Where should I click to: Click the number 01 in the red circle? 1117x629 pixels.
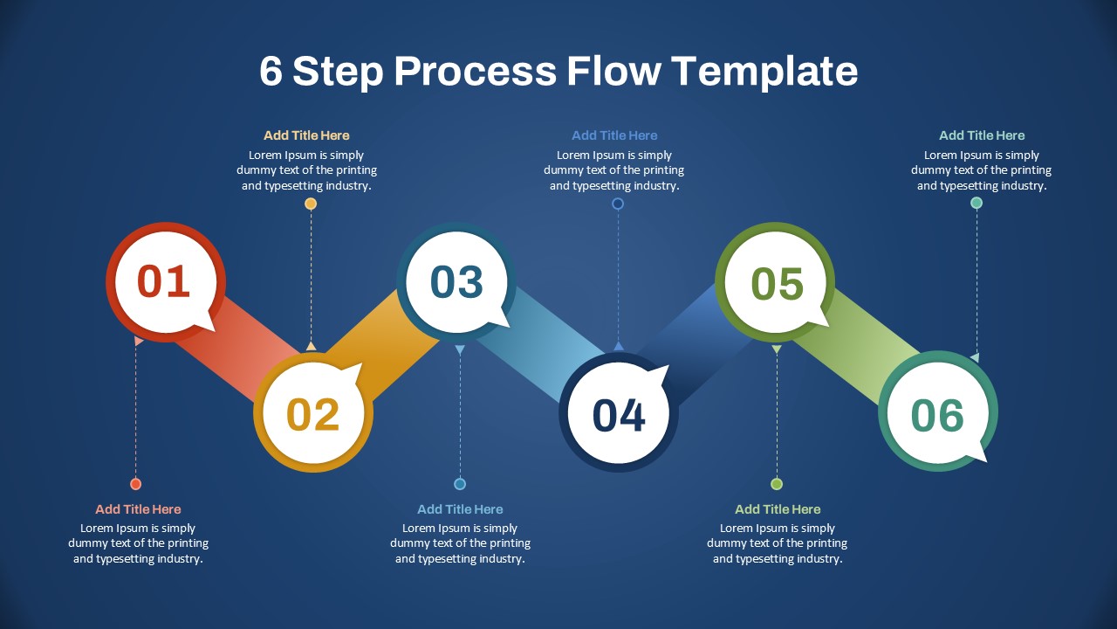[x=164, y=281]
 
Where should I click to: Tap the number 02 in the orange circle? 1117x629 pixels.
[x=313, y=414]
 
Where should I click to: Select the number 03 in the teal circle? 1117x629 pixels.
[x=456, y=281]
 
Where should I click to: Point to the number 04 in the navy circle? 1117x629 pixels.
[x=619, y=414]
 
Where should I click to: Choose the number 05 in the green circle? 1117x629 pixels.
[x=777, y=284]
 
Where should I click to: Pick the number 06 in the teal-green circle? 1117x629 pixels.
[x=937, y=415]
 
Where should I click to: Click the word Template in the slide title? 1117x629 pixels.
[x=764, y=71]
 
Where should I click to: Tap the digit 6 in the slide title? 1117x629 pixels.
[x=271, y=72]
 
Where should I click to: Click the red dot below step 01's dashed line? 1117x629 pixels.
[x=135, y=484]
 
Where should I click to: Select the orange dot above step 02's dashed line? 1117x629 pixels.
[x=311, y=204]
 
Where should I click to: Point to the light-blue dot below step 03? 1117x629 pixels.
[x=460, y=484]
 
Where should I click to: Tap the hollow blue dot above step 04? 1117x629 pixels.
[x=618, y=204]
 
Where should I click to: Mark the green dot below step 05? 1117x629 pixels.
[x=777, y=484]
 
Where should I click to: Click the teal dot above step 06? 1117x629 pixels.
[x=977, y=203]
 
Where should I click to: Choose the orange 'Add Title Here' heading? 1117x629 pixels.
[x=306, y=135]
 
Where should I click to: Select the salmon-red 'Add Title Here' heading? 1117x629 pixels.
[x=138, y=509]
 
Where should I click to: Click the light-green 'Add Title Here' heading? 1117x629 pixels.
[x=778, y=509]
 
